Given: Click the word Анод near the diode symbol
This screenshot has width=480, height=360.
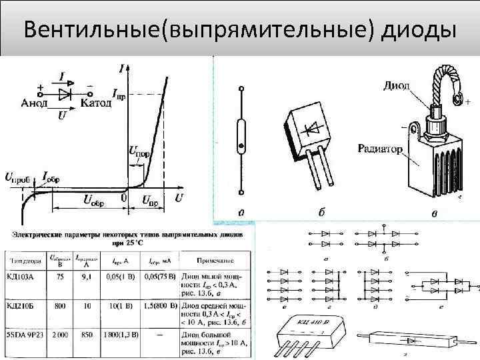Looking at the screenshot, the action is tap(33, 103).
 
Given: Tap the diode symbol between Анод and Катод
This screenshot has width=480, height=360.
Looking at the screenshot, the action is tap(65, 94).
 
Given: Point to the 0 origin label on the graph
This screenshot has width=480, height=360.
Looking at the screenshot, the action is tap(125, 199).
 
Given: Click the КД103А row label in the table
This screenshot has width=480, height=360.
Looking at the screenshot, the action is tap(27, 275).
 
